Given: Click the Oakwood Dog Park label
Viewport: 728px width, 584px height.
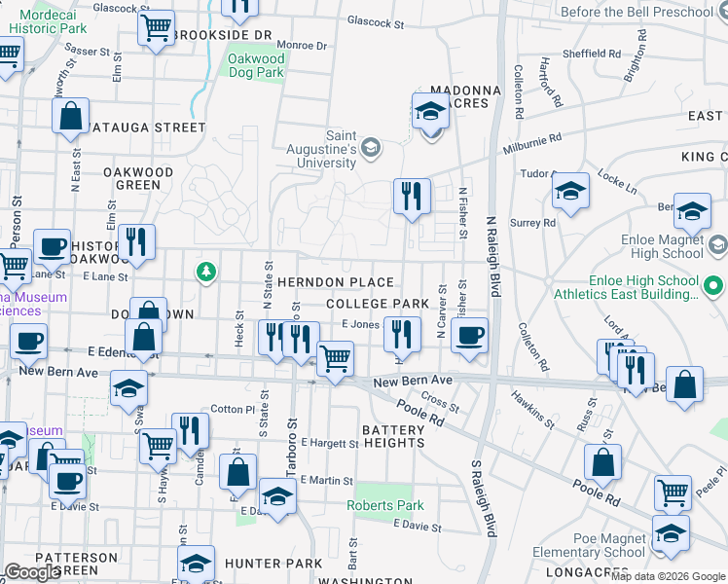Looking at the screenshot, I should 255,65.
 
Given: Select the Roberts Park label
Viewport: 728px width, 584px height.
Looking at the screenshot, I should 385,505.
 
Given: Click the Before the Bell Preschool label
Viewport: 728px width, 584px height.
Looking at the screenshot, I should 651,12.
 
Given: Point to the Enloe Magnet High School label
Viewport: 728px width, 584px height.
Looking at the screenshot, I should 662,246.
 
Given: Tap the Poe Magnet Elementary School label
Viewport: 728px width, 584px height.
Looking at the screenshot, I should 590,544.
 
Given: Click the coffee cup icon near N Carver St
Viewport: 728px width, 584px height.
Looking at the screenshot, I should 469,335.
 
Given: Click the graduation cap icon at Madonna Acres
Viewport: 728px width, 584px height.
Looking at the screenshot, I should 429,112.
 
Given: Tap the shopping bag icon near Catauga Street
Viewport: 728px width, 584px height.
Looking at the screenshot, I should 71,117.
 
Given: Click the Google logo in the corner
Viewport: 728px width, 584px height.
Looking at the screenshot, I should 32,571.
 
